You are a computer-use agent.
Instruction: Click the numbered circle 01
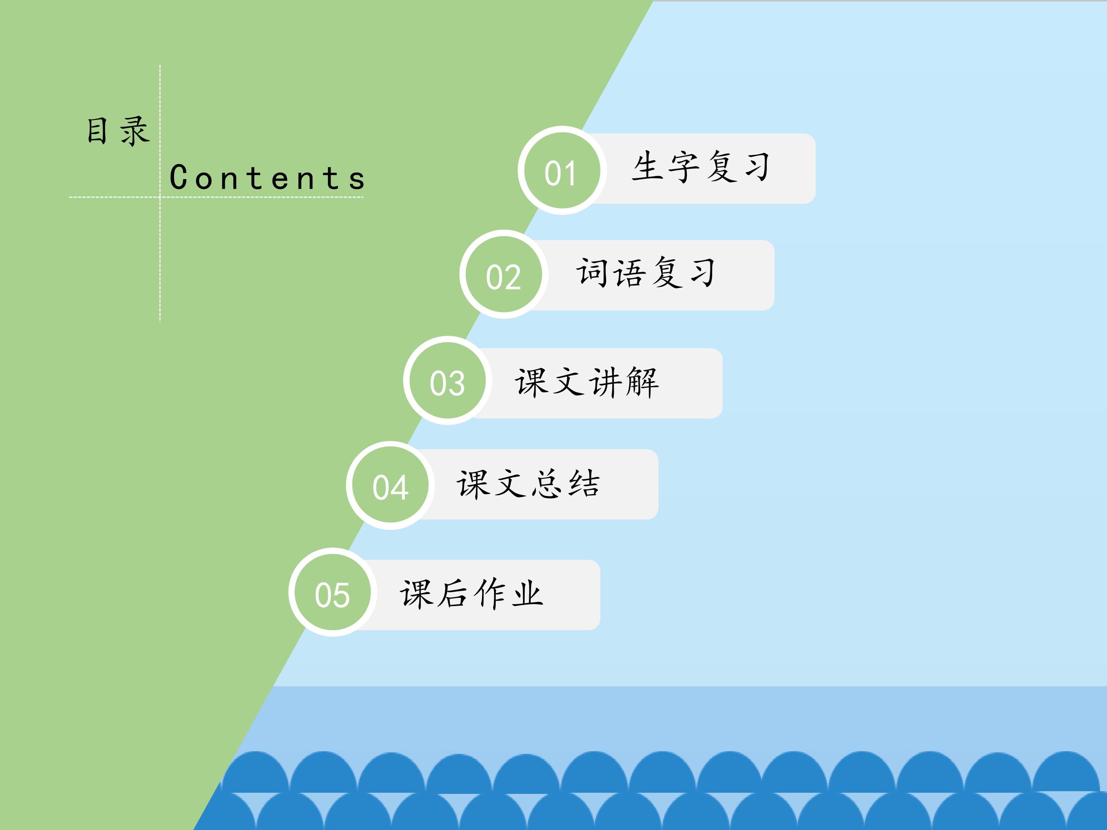coord(562,170)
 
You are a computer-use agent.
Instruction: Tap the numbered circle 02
coord(504,274)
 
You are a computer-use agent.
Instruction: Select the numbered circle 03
coord(447,381)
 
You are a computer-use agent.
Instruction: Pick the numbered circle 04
coord(391,485)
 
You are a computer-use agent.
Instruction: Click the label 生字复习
coord(701,167)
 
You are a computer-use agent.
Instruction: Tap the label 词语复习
coord(646,273)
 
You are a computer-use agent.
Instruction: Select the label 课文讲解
coord(587,382)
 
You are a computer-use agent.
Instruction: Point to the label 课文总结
coord(529,483)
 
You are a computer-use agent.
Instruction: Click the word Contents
coord(267,177)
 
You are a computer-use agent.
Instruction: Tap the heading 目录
coord(118,131)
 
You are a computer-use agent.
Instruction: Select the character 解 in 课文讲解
coord(642,382)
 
